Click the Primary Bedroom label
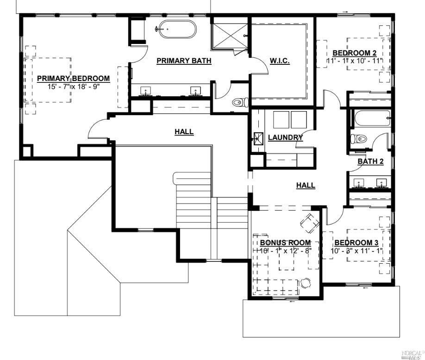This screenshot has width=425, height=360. point(73,78)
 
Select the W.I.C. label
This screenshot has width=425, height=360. point(280,61)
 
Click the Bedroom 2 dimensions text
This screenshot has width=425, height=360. point(357,61)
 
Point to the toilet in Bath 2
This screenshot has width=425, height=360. point(359,138)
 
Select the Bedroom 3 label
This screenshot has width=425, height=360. point(356,242)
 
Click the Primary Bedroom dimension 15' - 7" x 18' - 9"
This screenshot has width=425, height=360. point(73,86)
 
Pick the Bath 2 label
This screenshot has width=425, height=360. point(371,161)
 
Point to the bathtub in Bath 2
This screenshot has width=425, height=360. point(371,119)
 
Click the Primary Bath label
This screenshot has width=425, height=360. point(184,61)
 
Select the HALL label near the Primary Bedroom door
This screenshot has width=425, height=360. point(184,132)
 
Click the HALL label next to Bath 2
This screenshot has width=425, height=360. point(306,185)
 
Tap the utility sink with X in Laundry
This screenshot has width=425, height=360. point(258,138)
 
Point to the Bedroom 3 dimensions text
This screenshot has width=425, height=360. point(356,251)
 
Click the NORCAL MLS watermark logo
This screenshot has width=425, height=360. point(412,354)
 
